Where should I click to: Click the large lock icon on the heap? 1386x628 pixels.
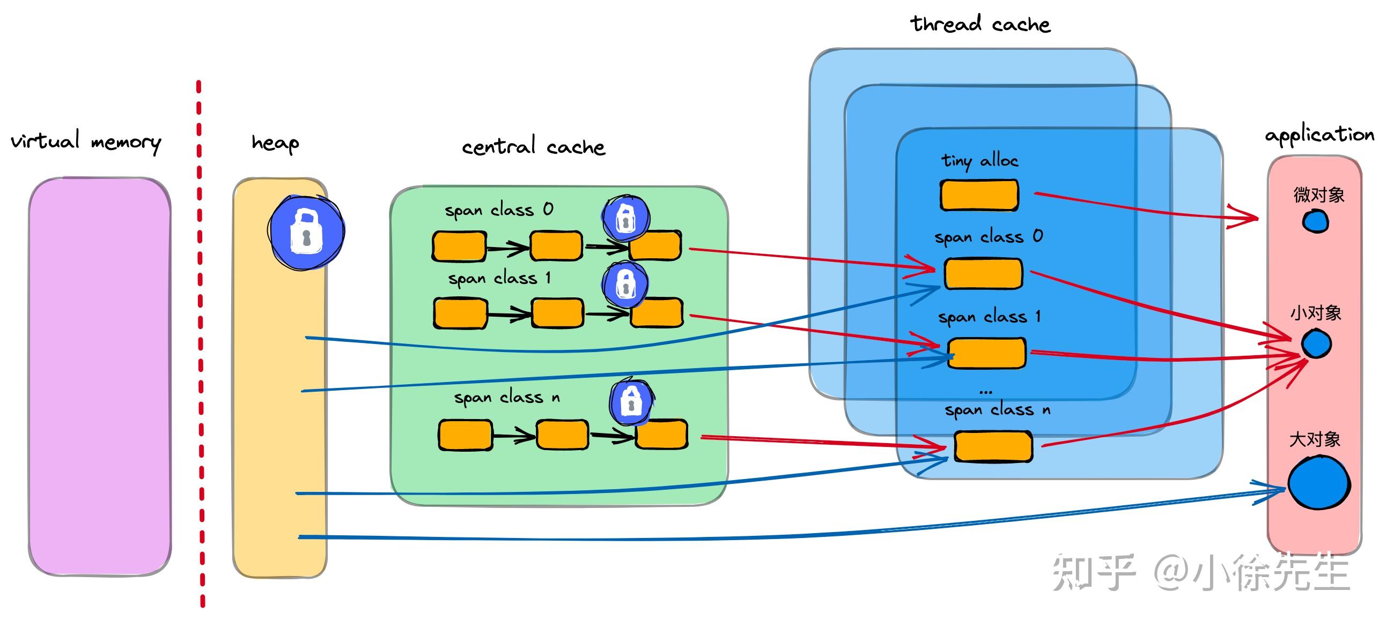(x=306, y=231)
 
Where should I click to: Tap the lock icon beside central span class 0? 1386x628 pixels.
(x=625, y=218)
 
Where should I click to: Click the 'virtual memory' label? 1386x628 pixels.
(x=86, y=141)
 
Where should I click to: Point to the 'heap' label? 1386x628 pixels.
(x=275, y=143)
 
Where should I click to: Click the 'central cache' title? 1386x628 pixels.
(x=533, y=146)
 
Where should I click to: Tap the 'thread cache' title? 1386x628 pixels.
(x=980, y=24)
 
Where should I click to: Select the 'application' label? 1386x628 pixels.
(x=1319, y=134)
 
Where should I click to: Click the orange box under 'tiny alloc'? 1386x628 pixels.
(x=979, y=195)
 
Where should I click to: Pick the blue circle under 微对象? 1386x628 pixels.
(x=1316, y=221)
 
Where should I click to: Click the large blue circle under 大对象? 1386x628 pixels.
(x=1319, y=483)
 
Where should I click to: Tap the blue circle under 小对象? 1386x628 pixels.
(x=1316, y=344)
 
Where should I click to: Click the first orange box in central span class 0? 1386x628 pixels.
(x=460, y=246)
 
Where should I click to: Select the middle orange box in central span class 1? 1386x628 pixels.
(x=557, y=313)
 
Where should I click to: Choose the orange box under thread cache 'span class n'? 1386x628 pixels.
(x=993, y=446)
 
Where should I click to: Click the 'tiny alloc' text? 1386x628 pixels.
(x=980, y=160)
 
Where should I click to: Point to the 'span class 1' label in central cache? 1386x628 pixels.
(x=499, y=278)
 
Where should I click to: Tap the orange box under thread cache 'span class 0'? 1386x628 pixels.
(x=984, y=273)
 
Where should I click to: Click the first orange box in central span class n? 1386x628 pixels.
(x=466, y=435)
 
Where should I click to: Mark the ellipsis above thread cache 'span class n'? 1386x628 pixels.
(x=986, y=391)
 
